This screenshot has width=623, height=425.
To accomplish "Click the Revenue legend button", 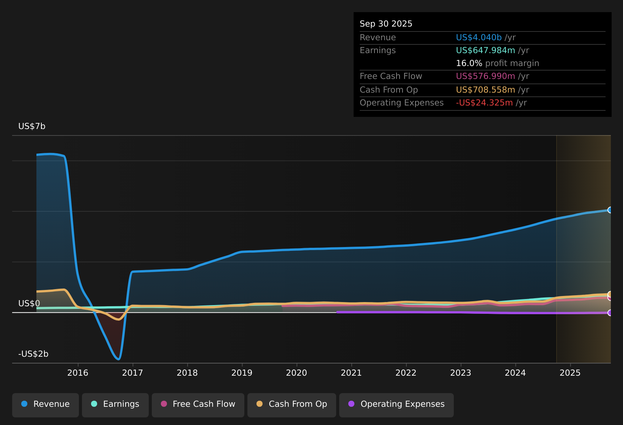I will coord(46,404).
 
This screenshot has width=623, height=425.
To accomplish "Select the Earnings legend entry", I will coord(115,404).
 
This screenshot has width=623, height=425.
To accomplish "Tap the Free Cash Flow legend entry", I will coord(198,404).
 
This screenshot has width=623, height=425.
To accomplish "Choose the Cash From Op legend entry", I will coord(292,404).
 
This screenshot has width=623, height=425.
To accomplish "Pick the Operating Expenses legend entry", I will coord(396,404).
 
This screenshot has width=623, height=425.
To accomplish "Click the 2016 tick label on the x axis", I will coord(78,373).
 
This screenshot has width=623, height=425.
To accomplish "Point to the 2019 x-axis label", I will coord(242,373).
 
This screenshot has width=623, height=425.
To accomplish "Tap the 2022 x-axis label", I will coord(406,373).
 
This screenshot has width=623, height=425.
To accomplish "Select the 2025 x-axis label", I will coord(570,373).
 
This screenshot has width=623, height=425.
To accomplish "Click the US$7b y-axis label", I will coord(32,126).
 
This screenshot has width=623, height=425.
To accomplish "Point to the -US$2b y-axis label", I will coord(33,354).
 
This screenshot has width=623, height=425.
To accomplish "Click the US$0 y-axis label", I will coord(29,304).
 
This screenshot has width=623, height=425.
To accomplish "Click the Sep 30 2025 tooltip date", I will coord(386,24).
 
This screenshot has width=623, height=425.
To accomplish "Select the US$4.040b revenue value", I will coord(479,38).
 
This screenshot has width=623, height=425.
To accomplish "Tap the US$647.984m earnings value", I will coord(485,50).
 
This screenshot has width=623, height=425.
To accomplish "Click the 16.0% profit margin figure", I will coord(469,63).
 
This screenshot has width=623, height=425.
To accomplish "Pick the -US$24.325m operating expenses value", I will coord(484,103).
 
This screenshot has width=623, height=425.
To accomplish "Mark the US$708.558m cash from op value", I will coord(485,90).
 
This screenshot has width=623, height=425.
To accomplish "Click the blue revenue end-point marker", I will coord(610,210).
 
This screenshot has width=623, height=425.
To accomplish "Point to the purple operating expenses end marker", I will coord(610,313).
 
